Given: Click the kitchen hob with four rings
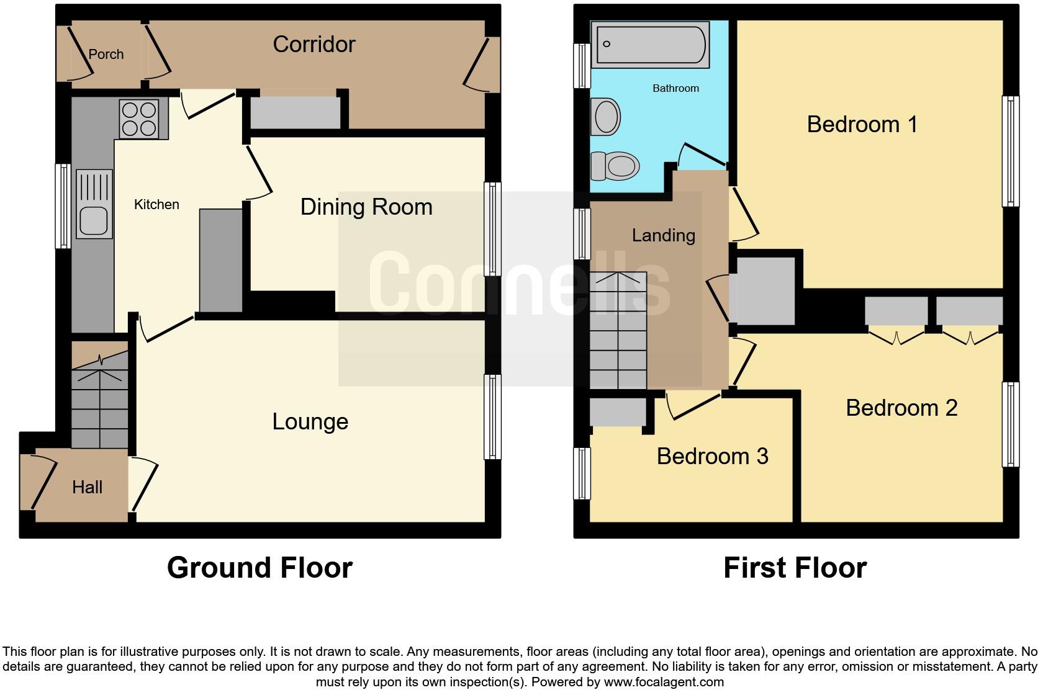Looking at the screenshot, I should pyautogui.click(x=140, y=119).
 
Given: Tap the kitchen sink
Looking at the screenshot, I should pyautogui.click(x=94, y=205).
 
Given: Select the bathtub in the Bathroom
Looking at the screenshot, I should pyautogui.click(x=649, y=45).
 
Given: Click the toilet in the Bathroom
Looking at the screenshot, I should pyautogui.click(x=616, y=166).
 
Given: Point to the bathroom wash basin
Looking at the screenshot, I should pyautogui.click(x=606, y=116).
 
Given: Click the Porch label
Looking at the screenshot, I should pyautogui.click(x=106, y=55).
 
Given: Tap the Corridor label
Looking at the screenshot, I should pyautogui.click(x=314, y=45).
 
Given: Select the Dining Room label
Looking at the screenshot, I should pyautogui.click(x=366, y=207).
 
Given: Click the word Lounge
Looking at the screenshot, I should pyautogui.click(x=310, y=422).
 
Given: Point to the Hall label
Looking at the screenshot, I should pyautogui.click(x=87, y=488).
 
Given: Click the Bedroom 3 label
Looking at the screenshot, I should pyautogui.click(x=712, y=457).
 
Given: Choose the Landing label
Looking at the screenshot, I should pyautogui.click(x=663, y=236).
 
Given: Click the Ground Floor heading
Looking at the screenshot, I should pyautogui.click(x=259, y=568).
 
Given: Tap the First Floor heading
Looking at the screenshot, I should pyautogui.click(x=795, y=568).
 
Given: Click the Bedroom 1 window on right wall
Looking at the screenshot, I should pyautogui.click(x=1011, y=151).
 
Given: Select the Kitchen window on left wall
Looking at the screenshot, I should pyautogui.click(x=63, y=206).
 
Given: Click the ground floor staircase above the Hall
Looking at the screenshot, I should pyautogui.click(x=99, y=403).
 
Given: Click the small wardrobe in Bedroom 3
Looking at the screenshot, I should pyautogui.click(x=618, y=411).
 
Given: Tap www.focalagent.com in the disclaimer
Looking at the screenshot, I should pyautogui.click(x=664, y=683).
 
